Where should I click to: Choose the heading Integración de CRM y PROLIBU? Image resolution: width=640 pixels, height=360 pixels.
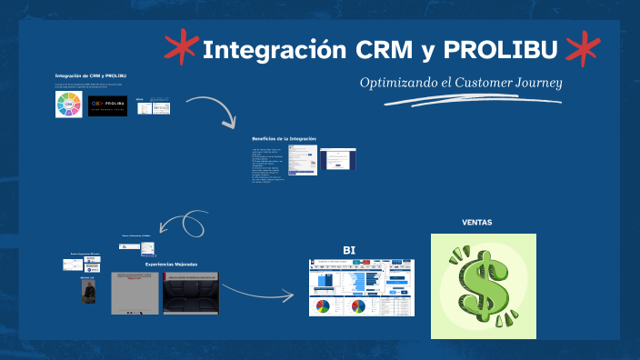(x=90, y=75)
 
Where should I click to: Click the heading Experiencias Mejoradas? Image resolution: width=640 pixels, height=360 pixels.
(x=171, y=265)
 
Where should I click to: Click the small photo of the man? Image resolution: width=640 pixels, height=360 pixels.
(x=88, y=291)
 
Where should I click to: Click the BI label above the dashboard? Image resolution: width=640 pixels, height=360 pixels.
(x=349, y=250)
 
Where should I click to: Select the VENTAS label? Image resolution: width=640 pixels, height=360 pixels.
(x=477, y=222)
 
